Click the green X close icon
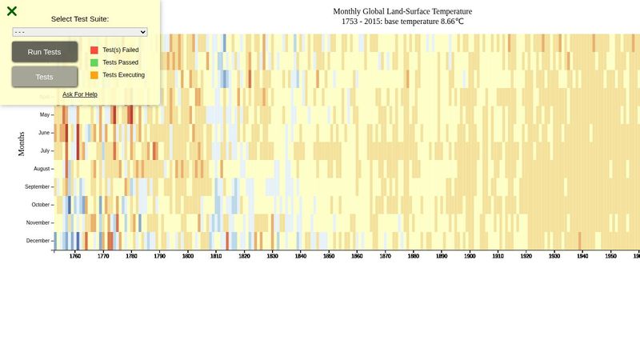12,11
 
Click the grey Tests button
45,77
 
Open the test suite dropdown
80,32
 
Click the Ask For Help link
80,94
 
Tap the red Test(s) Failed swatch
94,50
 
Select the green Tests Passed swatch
94,62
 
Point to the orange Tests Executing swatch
94,75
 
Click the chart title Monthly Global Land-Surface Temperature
402,11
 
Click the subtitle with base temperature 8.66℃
402,22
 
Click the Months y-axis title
22,144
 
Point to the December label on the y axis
38,241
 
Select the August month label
42,169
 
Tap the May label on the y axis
45,114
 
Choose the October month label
39,205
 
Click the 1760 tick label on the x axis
75,257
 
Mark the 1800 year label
188,257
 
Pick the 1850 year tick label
329,257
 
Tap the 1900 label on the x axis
470,257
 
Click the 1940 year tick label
582,257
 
